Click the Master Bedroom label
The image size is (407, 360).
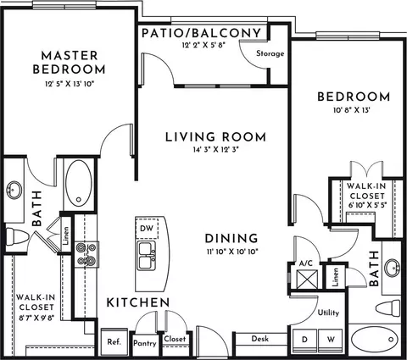69,63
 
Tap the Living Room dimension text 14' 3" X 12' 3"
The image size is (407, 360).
216,150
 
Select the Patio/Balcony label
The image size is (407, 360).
201,33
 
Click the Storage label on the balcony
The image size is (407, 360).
270,53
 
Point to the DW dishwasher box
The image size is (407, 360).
147,228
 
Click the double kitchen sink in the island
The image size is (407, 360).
147,256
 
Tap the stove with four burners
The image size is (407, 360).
86,254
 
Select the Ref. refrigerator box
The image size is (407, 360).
114,342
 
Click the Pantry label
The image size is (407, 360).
145,343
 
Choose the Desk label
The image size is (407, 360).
260,339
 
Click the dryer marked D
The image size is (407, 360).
304,340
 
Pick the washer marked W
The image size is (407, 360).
331,340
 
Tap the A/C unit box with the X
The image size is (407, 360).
307,280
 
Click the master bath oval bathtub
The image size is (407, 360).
79,183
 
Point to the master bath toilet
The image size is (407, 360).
17,236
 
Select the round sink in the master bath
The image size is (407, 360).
14,190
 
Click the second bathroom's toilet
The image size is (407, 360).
389,308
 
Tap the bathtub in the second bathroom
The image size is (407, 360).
374,339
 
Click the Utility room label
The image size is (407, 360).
328,313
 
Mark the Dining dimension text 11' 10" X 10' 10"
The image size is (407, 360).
232,252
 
